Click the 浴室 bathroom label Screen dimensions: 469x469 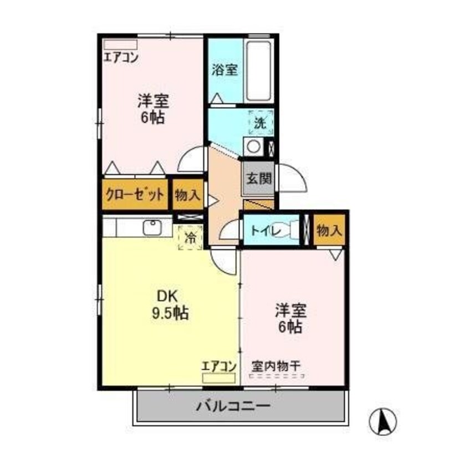pyautogui.click(x=225, y=70)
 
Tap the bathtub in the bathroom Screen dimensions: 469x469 pyautogui.click(x=259, y=71)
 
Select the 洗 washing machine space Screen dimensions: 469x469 pyautogui.click(x=261, y=122)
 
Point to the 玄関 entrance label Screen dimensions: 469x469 pyautogui.click(x=259, y=179)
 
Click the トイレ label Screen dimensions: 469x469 pyautogui.click(x=266, y=231)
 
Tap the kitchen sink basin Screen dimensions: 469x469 pyautogui.click(x=152, y=228)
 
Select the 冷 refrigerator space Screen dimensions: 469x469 pyautogui.click(x=190, y=237)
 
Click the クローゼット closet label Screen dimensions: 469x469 pyautogui.click(x=135, y=195)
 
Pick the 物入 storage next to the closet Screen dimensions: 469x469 pyautogui.click(x=187, y=195)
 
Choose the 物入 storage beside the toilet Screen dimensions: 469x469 pyautogui.click(x=329, y=230)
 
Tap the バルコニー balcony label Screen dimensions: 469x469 pyautogui.click(x=233, y=406)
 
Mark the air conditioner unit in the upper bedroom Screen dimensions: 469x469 pyautogui.click(x=120, y=44)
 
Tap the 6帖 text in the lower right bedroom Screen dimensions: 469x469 pyautogui.click(x=290, y=327)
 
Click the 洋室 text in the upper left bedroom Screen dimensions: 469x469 pyautogui.click(x=154, y=101)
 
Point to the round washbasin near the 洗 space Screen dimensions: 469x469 pyautogui.click(x=254, y=146)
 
